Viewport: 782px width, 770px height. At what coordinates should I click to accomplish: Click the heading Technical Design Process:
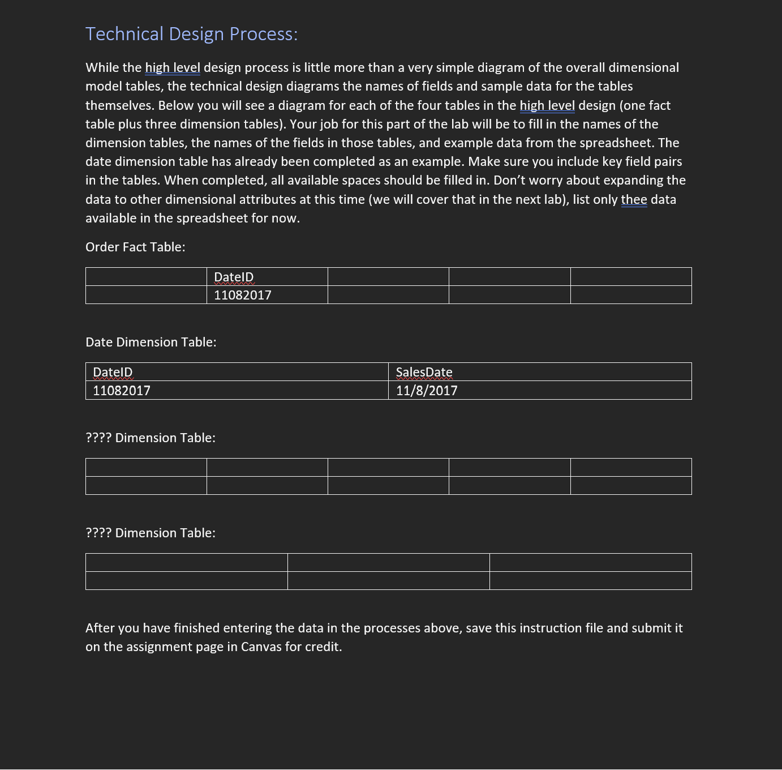tap(191, 34)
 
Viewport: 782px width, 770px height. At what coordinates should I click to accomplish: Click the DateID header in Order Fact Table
tap(234, 277)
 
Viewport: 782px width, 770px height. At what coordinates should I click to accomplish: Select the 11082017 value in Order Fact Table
tap(242, 295)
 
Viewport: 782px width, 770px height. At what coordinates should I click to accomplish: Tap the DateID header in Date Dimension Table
tap(113, 372)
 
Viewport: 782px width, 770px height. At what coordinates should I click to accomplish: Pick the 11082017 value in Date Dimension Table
tap(122, 391)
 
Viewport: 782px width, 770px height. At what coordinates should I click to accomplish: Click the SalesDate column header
tap(424, 372)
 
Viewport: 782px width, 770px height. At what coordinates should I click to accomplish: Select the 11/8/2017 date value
tap(427, 391)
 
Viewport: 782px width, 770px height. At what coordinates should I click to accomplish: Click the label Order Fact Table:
tap(135, 247)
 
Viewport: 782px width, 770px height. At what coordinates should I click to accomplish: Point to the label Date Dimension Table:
tap(151, 342)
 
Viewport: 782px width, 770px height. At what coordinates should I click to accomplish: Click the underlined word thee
tap(634, 199)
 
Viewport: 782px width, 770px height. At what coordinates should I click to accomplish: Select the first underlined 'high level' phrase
tap(173, 67)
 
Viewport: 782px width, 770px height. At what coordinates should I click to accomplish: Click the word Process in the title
tap(263, 34)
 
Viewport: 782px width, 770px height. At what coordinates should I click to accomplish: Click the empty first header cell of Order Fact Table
tap(146, 277)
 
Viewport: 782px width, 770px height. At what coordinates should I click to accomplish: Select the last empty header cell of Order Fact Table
tap(631, 277)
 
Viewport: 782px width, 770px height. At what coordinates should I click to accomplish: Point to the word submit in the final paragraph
tap(651, 628)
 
